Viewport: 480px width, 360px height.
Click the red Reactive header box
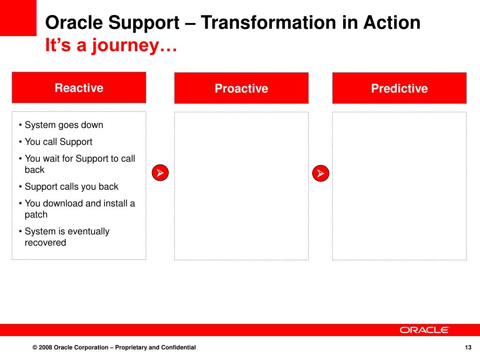(79, 88)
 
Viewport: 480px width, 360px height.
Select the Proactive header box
(241, 88)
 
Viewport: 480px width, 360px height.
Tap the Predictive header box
(399, 88)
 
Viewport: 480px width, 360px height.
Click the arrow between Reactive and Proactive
(160, 172)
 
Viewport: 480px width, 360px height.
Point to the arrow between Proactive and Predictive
(321, 173)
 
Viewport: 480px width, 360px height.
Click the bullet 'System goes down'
(61, 125)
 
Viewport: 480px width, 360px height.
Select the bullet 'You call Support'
(56, 142)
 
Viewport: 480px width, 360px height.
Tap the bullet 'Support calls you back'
(68, 187)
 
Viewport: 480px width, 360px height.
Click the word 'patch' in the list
(36, 215)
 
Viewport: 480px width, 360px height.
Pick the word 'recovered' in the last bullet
(45, 242)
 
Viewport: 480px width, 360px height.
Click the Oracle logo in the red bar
(424, 330)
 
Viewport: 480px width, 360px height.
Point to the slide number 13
(468, 347)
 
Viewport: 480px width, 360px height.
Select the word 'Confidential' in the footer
(179, 347)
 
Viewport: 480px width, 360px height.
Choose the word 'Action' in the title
(392, 22)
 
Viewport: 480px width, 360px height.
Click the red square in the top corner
(18, 18)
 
